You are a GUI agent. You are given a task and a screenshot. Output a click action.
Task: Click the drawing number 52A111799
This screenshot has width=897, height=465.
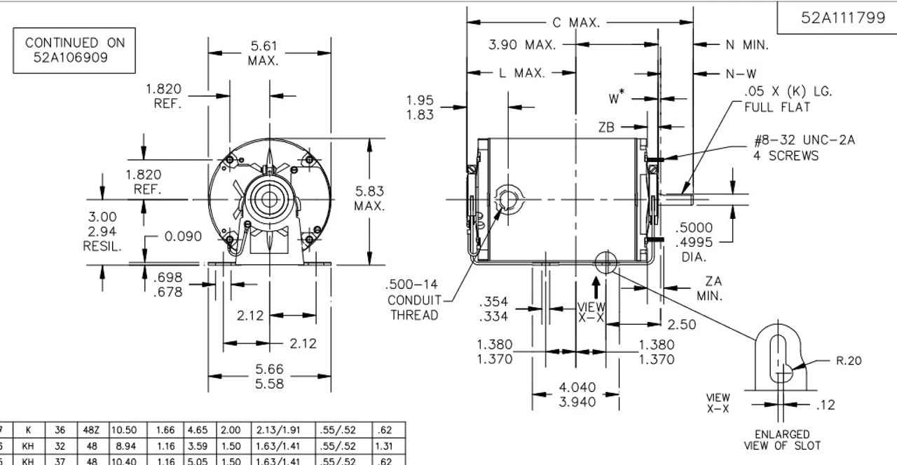[x=843, y=18]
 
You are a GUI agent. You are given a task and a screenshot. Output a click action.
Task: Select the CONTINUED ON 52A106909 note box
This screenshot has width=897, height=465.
[x=74, y=50]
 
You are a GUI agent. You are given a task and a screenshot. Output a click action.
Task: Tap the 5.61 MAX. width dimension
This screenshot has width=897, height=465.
[x=263, y=53]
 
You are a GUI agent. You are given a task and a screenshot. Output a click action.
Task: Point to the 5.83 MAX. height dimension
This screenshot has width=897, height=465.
[x=369, y=198]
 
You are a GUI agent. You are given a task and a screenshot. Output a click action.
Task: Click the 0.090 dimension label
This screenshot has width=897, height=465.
[x=183, y=236]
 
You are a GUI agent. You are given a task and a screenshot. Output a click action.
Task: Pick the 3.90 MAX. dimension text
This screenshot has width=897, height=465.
[x=522, y=44]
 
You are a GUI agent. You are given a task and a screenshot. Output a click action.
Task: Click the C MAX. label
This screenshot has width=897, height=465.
[x=576, y=23]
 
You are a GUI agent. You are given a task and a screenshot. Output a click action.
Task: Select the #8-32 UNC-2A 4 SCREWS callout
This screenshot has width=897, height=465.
[x=804, y=148]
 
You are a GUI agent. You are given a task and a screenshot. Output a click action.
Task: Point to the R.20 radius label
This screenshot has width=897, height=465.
[x=849, y=360]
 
